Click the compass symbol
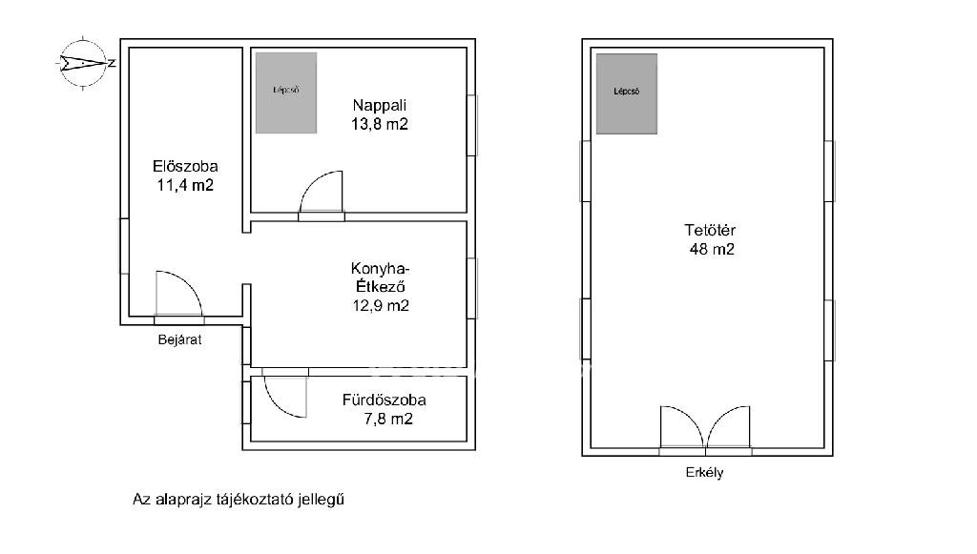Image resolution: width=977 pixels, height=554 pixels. [x=84, y=63]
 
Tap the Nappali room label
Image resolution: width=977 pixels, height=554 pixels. [x=380, y=105]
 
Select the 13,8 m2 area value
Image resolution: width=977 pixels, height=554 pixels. [x=380, y=124]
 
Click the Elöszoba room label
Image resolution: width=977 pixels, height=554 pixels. [x=185, y=166]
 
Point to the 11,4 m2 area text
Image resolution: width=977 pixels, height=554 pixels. [x=185, y=185]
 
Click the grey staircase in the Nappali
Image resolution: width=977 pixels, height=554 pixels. [x=286, y=92]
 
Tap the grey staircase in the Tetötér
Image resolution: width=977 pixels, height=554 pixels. [x=627, y=94]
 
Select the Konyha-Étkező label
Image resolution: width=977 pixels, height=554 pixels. [x=380, y=277]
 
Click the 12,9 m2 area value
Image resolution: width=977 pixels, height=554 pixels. [x=380, y=306]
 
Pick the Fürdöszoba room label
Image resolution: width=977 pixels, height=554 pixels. [x=384, y=400]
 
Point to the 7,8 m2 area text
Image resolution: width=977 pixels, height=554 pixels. [x=387, y=419]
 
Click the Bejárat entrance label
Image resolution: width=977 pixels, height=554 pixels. [x=179, y=339]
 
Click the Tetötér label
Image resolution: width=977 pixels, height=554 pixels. [x=710, y=231]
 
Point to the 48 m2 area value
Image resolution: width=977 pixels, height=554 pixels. [x=712, y=250]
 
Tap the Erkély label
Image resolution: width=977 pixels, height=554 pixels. [x=705, y=472]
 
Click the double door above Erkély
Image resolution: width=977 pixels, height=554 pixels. [x=705, y=427]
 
